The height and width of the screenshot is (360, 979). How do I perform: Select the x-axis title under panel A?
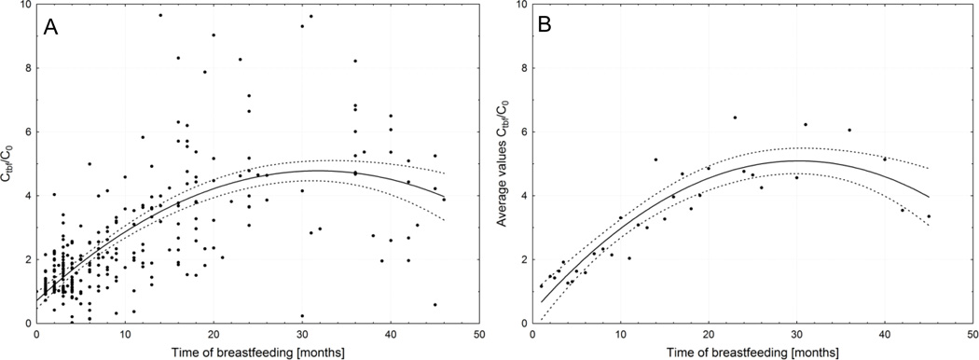pos(257,351)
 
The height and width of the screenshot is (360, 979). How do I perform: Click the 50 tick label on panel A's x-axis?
pos(479,334)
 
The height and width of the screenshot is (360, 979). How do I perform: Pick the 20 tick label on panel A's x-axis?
pos(214,334)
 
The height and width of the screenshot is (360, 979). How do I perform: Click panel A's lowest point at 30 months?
pos(302,316)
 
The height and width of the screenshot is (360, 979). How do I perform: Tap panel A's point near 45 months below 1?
pos(434,304)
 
